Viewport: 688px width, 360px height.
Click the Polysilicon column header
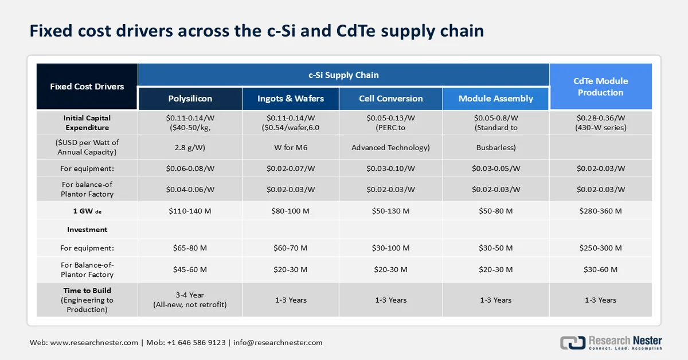pos(190,99)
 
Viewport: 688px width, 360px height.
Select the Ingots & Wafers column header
pos(291,99)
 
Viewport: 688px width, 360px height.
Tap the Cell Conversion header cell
pos(390,99)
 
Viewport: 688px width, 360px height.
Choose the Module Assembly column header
pos(495,99)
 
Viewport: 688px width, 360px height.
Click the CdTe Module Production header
pos(600,87)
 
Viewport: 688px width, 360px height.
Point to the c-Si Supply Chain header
pos(343,75)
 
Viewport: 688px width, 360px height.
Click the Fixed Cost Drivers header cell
pos(87,87)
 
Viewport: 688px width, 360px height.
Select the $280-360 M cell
pos(600,211)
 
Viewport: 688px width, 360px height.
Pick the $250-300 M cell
pos(600,248)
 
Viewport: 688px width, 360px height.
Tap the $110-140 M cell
pos(190,211)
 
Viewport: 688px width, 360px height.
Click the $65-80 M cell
pos(190,248)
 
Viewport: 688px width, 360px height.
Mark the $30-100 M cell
pos(390,248)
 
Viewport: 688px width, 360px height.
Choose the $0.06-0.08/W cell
pos(190,169)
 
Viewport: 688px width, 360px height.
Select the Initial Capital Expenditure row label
pos(87,123)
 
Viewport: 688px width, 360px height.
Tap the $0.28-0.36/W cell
pos(600,119)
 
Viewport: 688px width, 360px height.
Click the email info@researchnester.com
pos(277,343)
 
